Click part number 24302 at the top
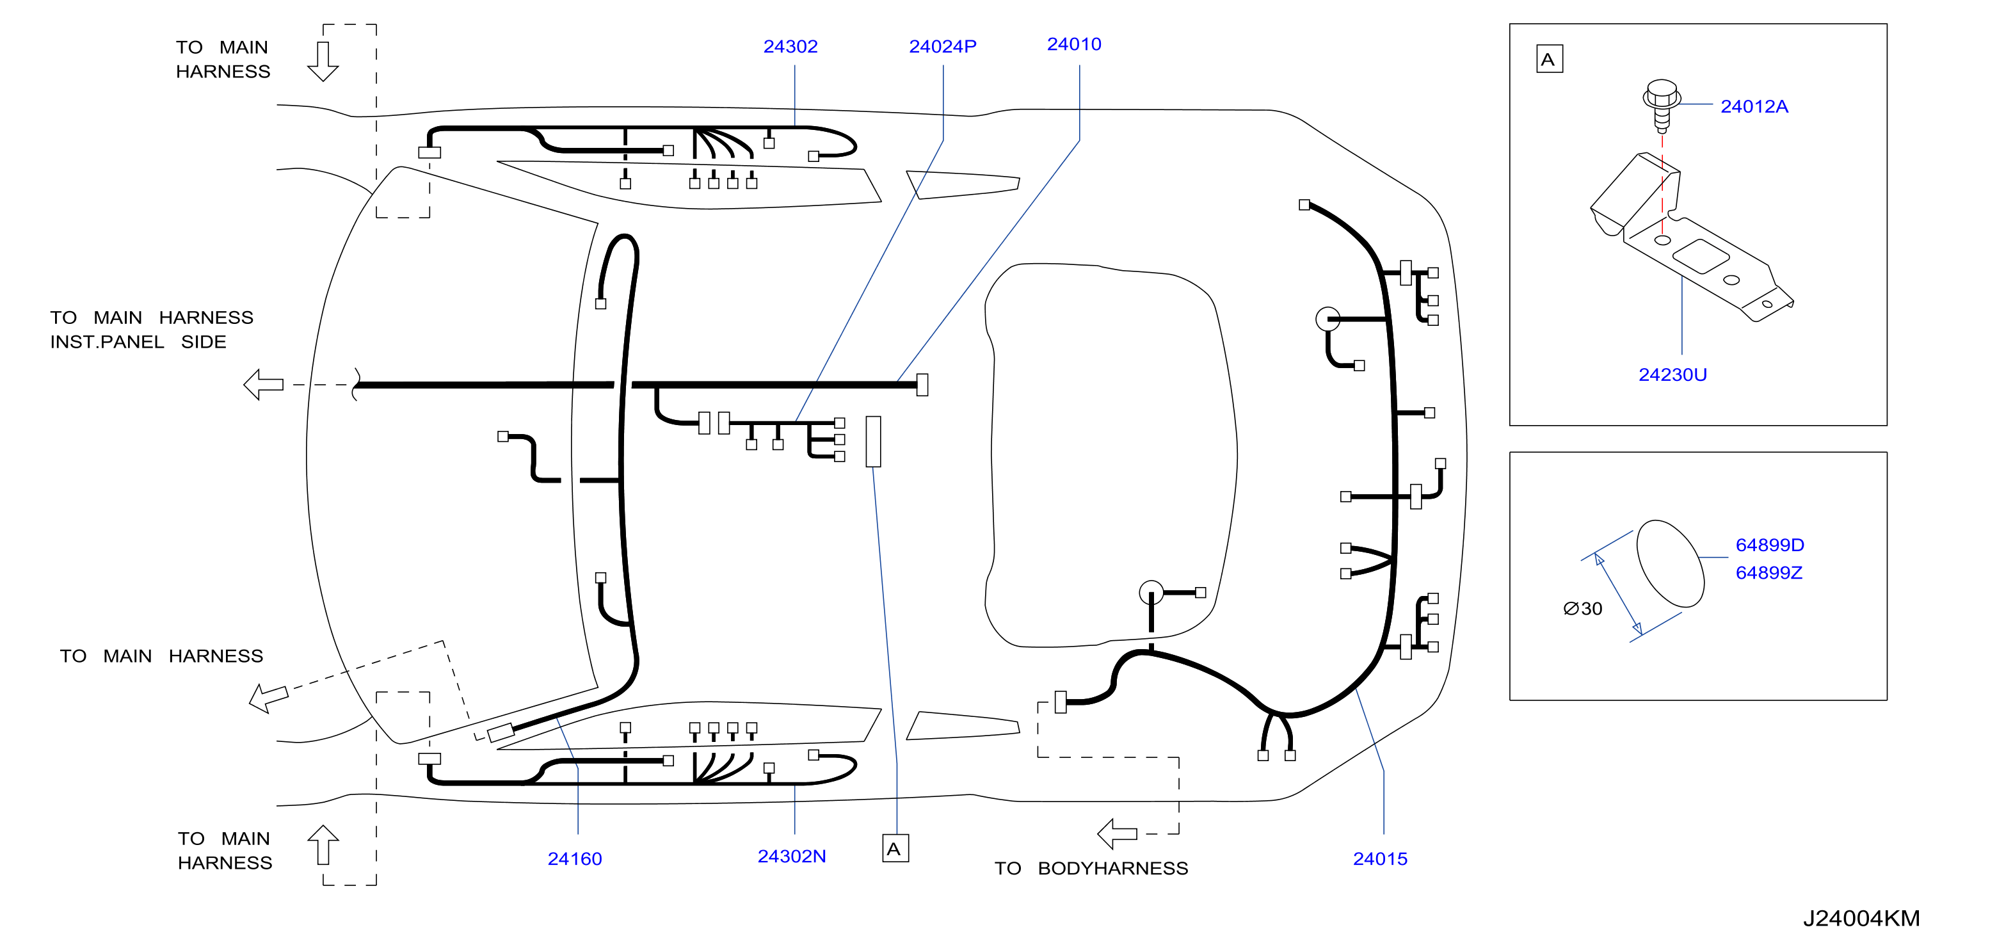790,47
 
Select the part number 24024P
942,47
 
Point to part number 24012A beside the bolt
1754,106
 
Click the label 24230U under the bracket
1672,374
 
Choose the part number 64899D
1769,545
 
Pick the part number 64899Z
1768,572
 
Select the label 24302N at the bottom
792,856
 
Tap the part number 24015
1380,858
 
